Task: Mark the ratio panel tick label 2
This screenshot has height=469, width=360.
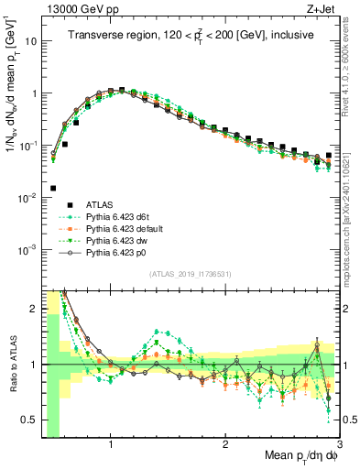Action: [x=32, y=309]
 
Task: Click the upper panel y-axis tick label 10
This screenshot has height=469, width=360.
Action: [x=29, y=41]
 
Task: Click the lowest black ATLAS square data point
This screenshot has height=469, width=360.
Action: [x=54, y=188]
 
